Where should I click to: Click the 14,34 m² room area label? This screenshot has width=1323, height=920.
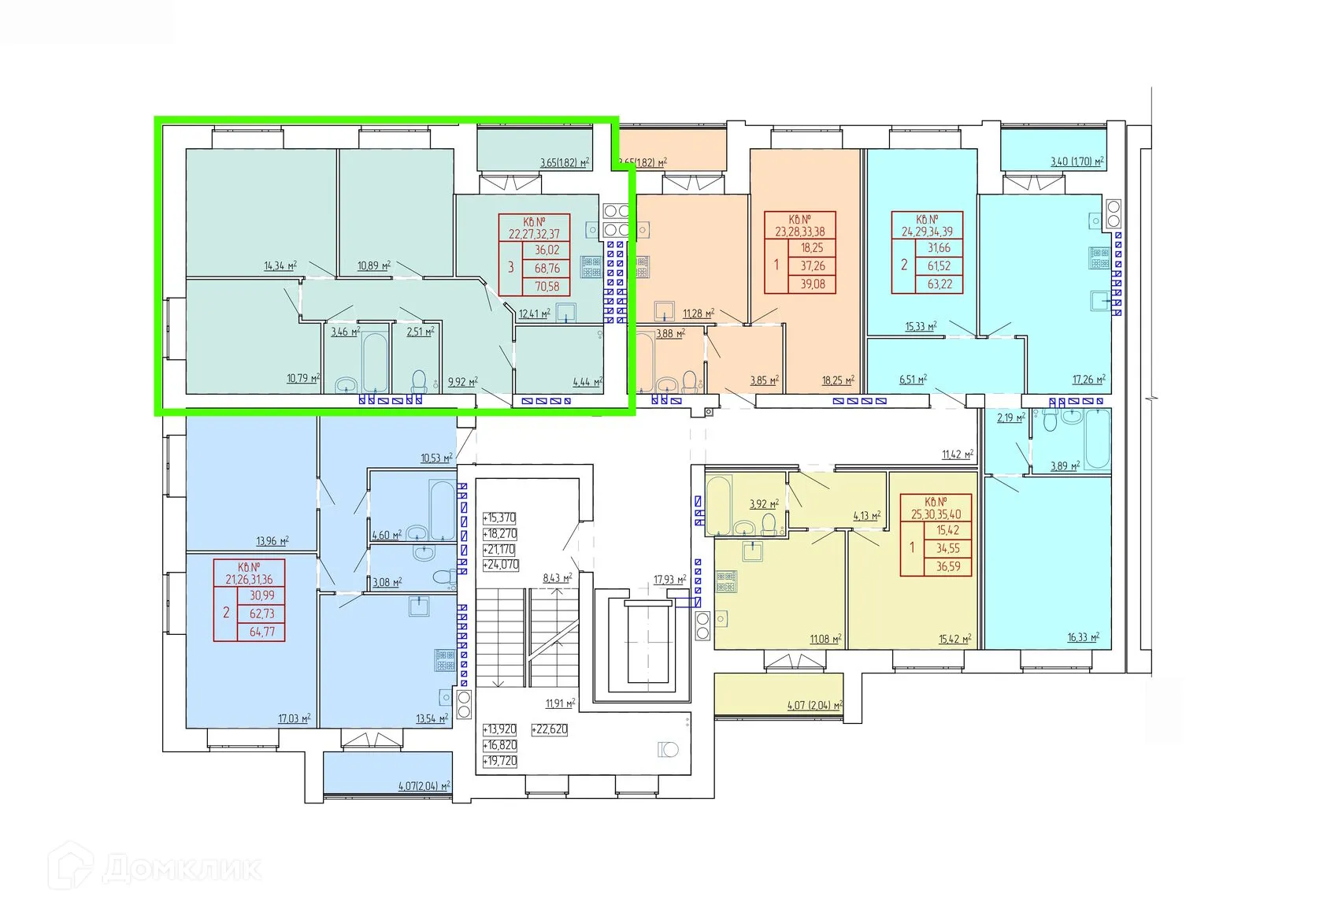[x=280, y=266]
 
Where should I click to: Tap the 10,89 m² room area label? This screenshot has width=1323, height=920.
[x=374, y=266]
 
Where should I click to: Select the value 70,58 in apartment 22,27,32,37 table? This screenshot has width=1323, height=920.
[x=547, y=287]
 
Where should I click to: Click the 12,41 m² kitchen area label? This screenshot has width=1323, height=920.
[x=534, y=313]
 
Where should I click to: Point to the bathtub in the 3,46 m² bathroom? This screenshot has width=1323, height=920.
[x=374, y=362]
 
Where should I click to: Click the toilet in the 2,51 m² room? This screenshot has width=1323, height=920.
[x=419, y=381]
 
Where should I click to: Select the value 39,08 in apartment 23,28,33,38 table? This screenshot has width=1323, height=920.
[x=813, y=284]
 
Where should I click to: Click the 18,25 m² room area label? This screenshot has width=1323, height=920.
[x=838, y=380]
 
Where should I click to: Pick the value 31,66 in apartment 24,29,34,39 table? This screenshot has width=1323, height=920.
[x=939, y=248]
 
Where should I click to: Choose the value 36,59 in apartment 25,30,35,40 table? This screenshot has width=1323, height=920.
[x=948, y=566]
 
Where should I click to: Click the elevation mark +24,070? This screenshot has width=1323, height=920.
[x=501, y=565]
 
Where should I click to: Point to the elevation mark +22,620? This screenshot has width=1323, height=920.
[x=550, y=729]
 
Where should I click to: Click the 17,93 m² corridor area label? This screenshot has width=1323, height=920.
[x=669, y=581]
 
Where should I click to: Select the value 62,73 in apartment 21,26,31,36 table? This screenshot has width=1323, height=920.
[x=261, y=614]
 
